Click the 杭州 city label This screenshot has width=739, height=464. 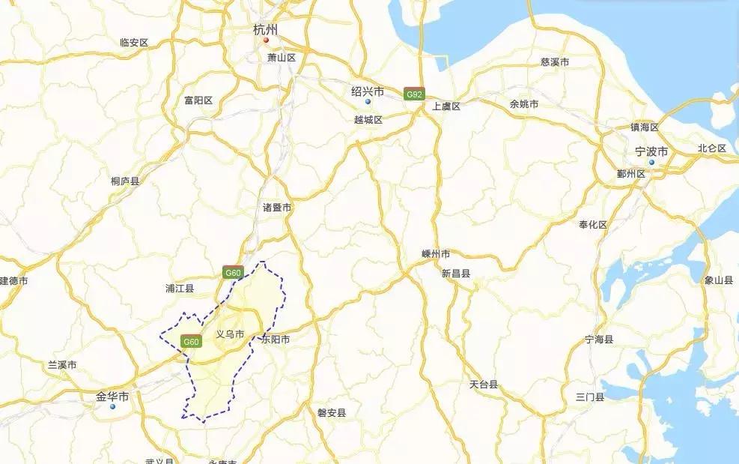click(x=266, y=30)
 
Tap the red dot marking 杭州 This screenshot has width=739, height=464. click(x=266, y=40)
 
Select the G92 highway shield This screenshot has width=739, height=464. click(x=414, y=94)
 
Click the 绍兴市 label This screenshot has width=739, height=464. click(x=368, y=91)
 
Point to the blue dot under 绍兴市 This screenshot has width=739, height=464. click(x=368, y=101)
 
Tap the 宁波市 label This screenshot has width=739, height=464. click(x=651, y=151)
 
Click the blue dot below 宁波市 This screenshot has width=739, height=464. click(x=651, y=162)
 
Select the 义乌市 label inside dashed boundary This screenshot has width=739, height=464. click(x=230, y=334)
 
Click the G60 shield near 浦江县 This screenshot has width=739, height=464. click(x=232, y=274)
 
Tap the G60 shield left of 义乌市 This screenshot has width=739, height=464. click(x=192, y=342)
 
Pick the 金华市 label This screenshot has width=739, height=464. click(x=112, y=396)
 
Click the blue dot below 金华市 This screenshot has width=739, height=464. click(x=112, y=406)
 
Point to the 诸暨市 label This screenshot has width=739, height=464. click(x=277, y=207)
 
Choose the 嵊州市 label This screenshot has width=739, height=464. click(x=436, y=254)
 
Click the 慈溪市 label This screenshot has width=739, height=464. click(x=555, y=62)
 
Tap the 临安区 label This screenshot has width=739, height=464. click(x=135, y=43)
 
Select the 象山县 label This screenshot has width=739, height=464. click(x=719, y=280)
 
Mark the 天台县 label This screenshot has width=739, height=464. click(x=484, y=385)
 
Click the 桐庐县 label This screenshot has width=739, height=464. click(x=125, y=181)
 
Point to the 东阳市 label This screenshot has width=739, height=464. click(x=276, y=340)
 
